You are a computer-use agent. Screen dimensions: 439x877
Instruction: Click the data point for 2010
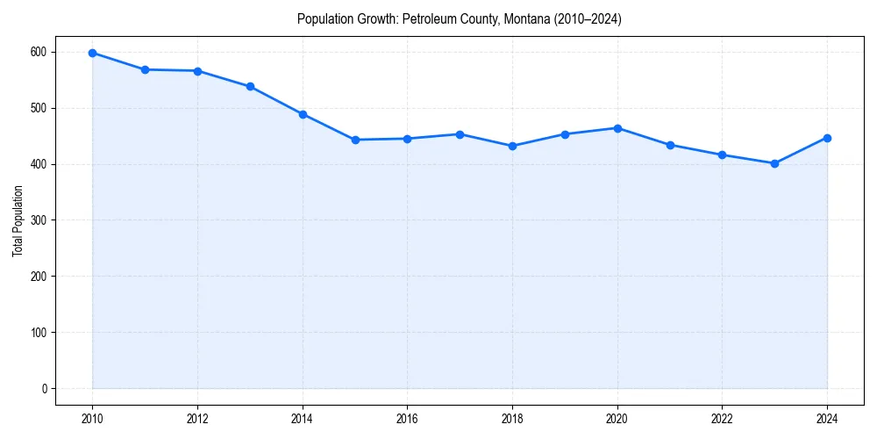92,53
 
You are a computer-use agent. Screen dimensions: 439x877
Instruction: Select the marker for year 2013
250,86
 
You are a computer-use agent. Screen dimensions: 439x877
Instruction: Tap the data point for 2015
355,140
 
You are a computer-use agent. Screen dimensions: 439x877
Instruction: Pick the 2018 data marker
512,146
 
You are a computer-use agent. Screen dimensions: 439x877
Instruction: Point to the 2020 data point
617,128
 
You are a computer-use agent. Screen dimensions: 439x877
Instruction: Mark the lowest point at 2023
774,163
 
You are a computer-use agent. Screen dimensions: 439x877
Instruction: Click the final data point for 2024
827,138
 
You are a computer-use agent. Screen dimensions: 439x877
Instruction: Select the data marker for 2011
145,69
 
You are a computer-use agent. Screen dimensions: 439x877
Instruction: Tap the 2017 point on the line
460,134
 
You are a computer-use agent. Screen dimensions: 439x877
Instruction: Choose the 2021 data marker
670,145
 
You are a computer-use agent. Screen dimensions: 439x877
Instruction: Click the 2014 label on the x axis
303,419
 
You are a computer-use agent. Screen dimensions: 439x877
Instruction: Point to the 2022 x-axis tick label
722,419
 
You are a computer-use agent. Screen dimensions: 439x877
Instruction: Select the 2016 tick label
407,419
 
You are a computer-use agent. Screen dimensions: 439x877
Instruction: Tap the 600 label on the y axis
38,53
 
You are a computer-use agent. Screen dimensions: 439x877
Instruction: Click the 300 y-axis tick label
38,220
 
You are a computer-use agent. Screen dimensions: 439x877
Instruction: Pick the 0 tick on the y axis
44,389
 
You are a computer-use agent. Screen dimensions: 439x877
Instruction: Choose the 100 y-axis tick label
38,333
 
